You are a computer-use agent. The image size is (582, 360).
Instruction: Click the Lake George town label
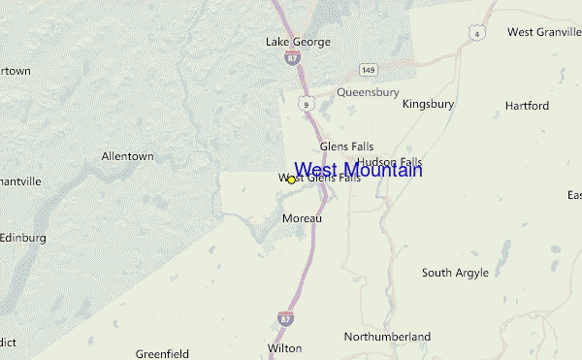coord(298,42)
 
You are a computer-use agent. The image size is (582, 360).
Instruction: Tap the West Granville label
coord(543,32)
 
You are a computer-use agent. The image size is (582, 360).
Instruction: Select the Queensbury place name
coord(368,92)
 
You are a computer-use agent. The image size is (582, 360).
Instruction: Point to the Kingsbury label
coord(428,103)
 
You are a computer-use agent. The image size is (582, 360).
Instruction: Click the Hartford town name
coord(527,105)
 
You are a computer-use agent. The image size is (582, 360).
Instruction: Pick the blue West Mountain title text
coord(358,171)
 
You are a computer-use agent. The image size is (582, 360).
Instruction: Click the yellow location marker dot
coord(291,180)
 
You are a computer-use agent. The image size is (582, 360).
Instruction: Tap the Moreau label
coord(302,218)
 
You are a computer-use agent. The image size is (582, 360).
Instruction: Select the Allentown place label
coord(128,155)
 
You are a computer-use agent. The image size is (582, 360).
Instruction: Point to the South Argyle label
coord(455,273)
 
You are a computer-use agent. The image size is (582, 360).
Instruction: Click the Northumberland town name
coord(387,337)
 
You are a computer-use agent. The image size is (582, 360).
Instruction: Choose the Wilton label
coord(284,347)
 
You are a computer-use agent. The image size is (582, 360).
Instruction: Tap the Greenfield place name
coord(161,353)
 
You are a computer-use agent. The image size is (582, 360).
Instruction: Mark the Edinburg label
coord(23,237)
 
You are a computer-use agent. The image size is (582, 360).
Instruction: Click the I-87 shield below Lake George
coord(292,58)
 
